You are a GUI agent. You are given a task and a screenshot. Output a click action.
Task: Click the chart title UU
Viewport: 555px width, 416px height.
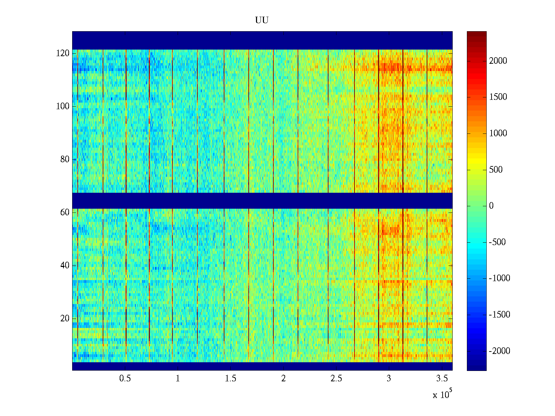262,20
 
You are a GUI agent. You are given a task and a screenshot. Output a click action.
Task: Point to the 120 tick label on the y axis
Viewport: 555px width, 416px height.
62,53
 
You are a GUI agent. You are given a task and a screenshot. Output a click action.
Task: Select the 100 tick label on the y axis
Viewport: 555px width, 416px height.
62,106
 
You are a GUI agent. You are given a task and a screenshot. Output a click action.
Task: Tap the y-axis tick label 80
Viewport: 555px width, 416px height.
65,159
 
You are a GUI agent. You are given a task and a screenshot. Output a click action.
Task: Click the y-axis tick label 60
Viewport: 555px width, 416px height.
65,213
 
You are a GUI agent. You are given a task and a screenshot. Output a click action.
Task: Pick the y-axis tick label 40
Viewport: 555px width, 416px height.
65,266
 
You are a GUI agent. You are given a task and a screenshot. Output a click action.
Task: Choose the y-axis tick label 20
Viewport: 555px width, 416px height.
65,319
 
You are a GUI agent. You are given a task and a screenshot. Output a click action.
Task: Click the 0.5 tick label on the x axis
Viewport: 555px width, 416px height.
125,379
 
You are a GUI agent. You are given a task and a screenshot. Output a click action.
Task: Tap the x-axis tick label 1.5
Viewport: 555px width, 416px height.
230,379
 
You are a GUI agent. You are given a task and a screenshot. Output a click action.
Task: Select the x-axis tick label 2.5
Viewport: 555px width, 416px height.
336,379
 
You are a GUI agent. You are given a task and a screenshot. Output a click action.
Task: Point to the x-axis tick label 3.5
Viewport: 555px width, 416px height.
442,379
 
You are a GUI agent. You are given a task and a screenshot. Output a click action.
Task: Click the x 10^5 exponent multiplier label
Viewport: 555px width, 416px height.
442,395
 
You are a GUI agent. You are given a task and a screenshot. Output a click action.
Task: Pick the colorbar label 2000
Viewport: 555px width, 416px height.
498,61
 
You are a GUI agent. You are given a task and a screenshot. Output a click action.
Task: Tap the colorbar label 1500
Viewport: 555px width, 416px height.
498,97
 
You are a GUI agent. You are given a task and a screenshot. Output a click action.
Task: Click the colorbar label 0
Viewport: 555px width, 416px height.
491,206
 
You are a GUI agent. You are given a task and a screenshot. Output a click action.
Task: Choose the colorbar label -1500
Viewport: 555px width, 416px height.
499,315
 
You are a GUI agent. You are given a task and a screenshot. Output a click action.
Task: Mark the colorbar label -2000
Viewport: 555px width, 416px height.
499,351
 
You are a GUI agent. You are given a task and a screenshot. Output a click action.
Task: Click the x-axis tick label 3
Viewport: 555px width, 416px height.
388,379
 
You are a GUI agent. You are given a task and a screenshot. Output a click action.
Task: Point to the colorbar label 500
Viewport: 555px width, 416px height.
496,170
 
